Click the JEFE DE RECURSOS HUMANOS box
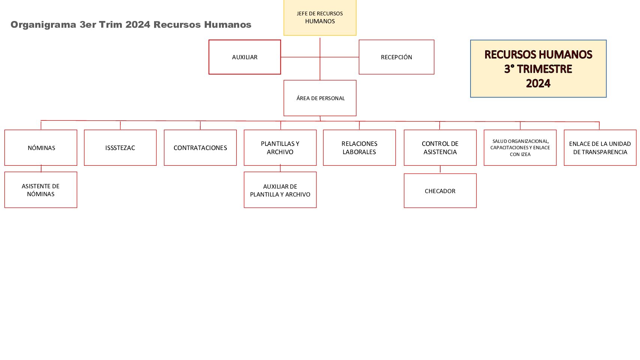click(320, 18)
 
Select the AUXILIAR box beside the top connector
click(244, 57)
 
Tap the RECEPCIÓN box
click(396, 57)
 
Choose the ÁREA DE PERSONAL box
click(320, 98)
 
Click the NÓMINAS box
click(41, 148)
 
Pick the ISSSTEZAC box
click(120, 148)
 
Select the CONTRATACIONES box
click(200, 148)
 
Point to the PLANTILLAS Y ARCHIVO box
click(280, 148)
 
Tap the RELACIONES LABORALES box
click(359, 148)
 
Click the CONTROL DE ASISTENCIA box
click(440, 148)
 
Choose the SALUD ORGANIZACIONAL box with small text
click(520, 148)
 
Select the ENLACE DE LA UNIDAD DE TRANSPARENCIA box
click(600, 148)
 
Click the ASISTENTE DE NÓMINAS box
click(41, 190)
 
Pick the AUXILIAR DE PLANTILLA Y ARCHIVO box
click(280, 190)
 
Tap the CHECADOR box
click(440, 190)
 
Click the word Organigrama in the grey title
click(43, 25)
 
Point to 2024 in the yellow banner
click(538, 83)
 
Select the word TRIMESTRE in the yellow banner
click(544, 69)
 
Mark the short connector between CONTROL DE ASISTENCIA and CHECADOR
click(440, 169)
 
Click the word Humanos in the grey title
click(228, 25)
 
